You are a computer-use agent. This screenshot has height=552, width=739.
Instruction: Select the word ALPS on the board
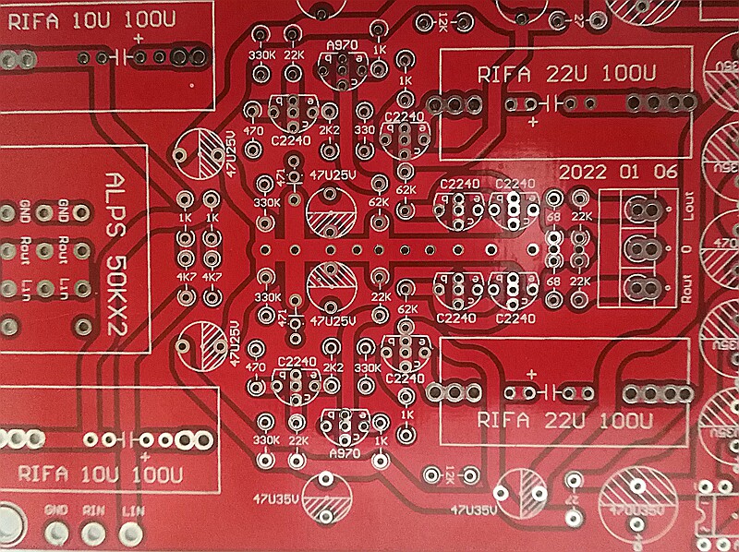[117, 197]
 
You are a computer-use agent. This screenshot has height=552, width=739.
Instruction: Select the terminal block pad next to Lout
[640, 210]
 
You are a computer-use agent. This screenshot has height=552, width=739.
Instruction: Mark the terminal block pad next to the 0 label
[640, 247]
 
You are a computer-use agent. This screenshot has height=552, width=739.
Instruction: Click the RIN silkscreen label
[93, 510]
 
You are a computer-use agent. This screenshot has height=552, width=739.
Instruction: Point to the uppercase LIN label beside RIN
[133, 510]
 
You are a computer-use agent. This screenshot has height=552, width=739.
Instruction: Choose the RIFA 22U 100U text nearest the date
[565, 73]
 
